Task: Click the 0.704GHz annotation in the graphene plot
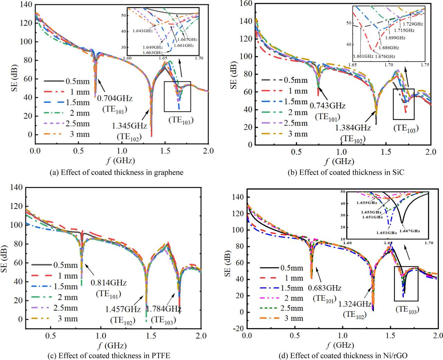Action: (115, 98)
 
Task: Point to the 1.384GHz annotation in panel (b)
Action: (353, 128)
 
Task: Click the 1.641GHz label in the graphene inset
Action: (141, 30)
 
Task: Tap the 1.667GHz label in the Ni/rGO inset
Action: (410, 231)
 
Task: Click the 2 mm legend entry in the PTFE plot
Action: (66, 297)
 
